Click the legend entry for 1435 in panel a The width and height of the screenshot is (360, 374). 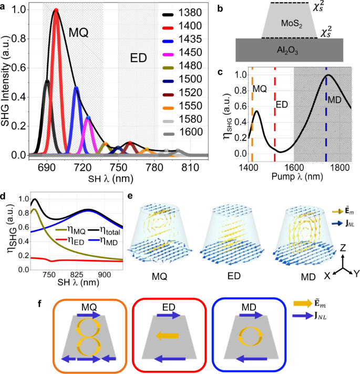click(x=182, y=39)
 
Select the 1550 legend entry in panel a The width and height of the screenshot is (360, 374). click(x=182, y=106)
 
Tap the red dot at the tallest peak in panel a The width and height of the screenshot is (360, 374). click(x=56, y=10)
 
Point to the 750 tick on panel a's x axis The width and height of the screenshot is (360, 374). click(x=118, y=167)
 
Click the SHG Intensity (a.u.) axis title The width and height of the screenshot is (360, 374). click(x=5, y=81)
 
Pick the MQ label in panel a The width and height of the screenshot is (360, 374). click(x=78, y=33)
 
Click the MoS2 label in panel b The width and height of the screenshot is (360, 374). click(x=292, y=24)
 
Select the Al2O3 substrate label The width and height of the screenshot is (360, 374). click(x=287, y=50)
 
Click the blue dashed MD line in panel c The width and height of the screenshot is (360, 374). click(x=326, y=115)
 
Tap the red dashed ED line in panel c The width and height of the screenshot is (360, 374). click(x=275, y=115)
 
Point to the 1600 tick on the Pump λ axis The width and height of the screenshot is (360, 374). click(x=294, y=168)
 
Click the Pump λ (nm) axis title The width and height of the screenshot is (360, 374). click(x=297, y=177)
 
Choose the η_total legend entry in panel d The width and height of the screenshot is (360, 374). click(x=104, y=230)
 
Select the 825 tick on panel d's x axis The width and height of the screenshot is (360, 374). click(x=77, y=275)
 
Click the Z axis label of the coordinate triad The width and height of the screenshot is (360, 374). click(x=343, y=248)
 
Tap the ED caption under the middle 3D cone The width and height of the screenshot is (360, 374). click(x=234, y=276)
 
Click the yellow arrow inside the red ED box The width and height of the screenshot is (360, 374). click(x=167, y=336)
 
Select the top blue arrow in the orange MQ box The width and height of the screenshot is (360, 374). click(x=89, y=315)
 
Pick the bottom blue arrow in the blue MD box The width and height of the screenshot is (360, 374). click(x=252, y=359)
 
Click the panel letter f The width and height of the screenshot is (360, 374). click(x=40, y=304)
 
